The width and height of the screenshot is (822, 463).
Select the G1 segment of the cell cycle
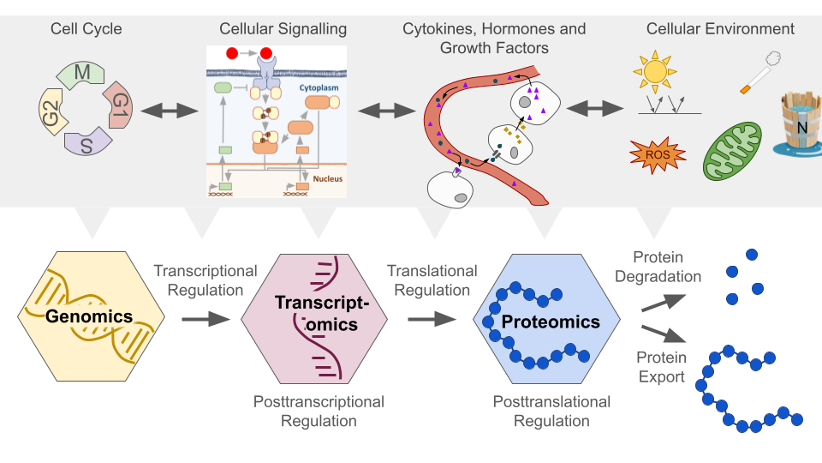pos(119,106)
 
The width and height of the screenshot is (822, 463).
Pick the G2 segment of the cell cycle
pos(52,111)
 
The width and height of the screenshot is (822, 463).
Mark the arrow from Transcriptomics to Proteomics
pos(432,319)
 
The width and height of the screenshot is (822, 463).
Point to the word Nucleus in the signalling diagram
pos(327,178)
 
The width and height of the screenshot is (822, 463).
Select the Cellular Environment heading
pos(721,29)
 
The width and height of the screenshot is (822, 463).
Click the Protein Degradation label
pos(667,267)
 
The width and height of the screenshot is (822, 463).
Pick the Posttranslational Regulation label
pos(551,412)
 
